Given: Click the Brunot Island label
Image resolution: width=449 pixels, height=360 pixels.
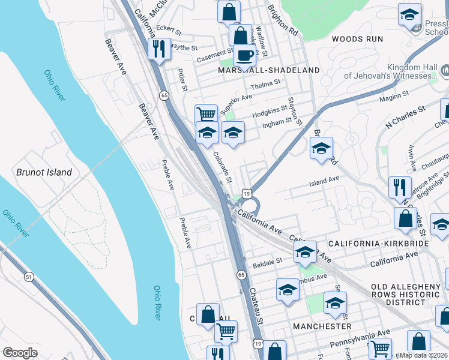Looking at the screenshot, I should click(44, 172).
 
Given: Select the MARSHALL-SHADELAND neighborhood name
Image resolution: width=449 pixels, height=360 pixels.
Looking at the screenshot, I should click(270, 70).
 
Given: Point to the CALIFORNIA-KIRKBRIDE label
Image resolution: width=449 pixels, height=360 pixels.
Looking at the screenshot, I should click(378, 244).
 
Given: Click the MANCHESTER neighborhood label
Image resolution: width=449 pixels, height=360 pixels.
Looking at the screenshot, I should click(322, 326).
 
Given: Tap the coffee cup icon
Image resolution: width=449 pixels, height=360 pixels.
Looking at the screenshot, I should click(244, 55).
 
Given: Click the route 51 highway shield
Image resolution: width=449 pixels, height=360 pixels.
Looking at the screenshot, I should click(29, 277).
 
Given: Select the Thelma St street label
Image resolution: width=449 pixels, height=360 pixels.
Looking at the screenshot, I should click(266, 84).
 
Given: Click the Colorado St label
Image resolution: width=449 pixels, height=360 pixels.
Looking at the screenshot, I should click(222, 167).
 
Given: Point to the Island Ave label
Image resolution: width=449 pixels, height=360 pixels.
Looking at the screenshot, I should click(324, 179).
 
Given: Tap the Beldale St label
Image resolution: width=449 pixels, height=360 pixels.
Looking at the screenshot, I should click(267, 262).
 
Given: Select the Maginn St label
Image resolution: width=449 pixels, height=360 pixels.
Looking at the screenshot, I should click(394, 94).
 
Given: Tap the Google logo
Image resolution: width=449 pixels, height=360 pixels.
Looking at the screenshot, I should click(20, 352).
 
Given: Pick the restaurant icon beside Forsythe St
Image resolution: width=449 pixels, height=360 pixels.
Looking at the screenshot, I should click(159, 49).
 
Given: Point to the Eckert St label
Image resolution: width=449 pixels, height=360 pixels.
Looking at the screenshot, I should click(168, 28).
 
